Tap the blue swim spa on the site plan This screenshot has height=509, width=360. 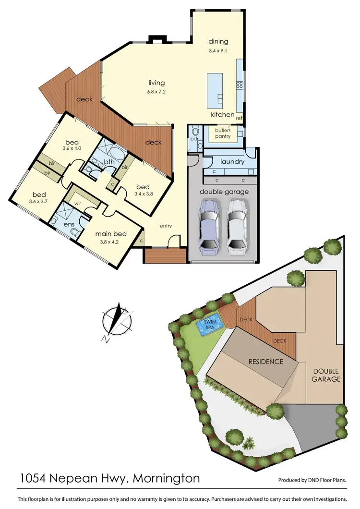tap(210, 325)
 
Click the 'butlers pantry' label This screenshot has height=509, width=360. tap(223, 133)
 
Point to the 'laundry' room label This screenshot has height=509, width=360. tap(232, 162)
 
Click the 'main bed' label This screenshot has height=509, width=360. tap(110, 234)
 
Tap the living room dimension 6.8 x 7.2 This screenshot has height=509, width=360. tap(156, 92)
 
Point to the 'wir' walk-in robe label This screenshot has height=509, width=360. tap(77, 203)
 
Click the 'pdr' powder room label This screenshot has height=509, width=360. tap(194, 139)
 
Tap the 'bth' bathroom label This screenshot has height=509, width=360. tap(109, 162)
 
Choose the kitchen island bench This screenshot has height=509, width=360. tap(215, 91)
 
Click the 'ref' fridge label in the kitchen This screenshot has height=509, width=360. tap(239, 118)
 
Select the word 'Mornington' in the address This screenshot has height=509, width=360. tap(166, 479)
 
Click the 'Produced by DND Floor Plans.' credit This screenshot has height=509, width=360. tap(312, 480)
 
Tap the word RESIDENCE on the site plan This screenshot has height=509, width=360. tap(265, 361)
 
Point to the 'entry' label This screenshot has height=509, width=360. tap(166, 226)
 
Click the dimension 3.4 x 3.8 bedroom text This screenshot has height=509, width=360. tap(143, 194)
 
